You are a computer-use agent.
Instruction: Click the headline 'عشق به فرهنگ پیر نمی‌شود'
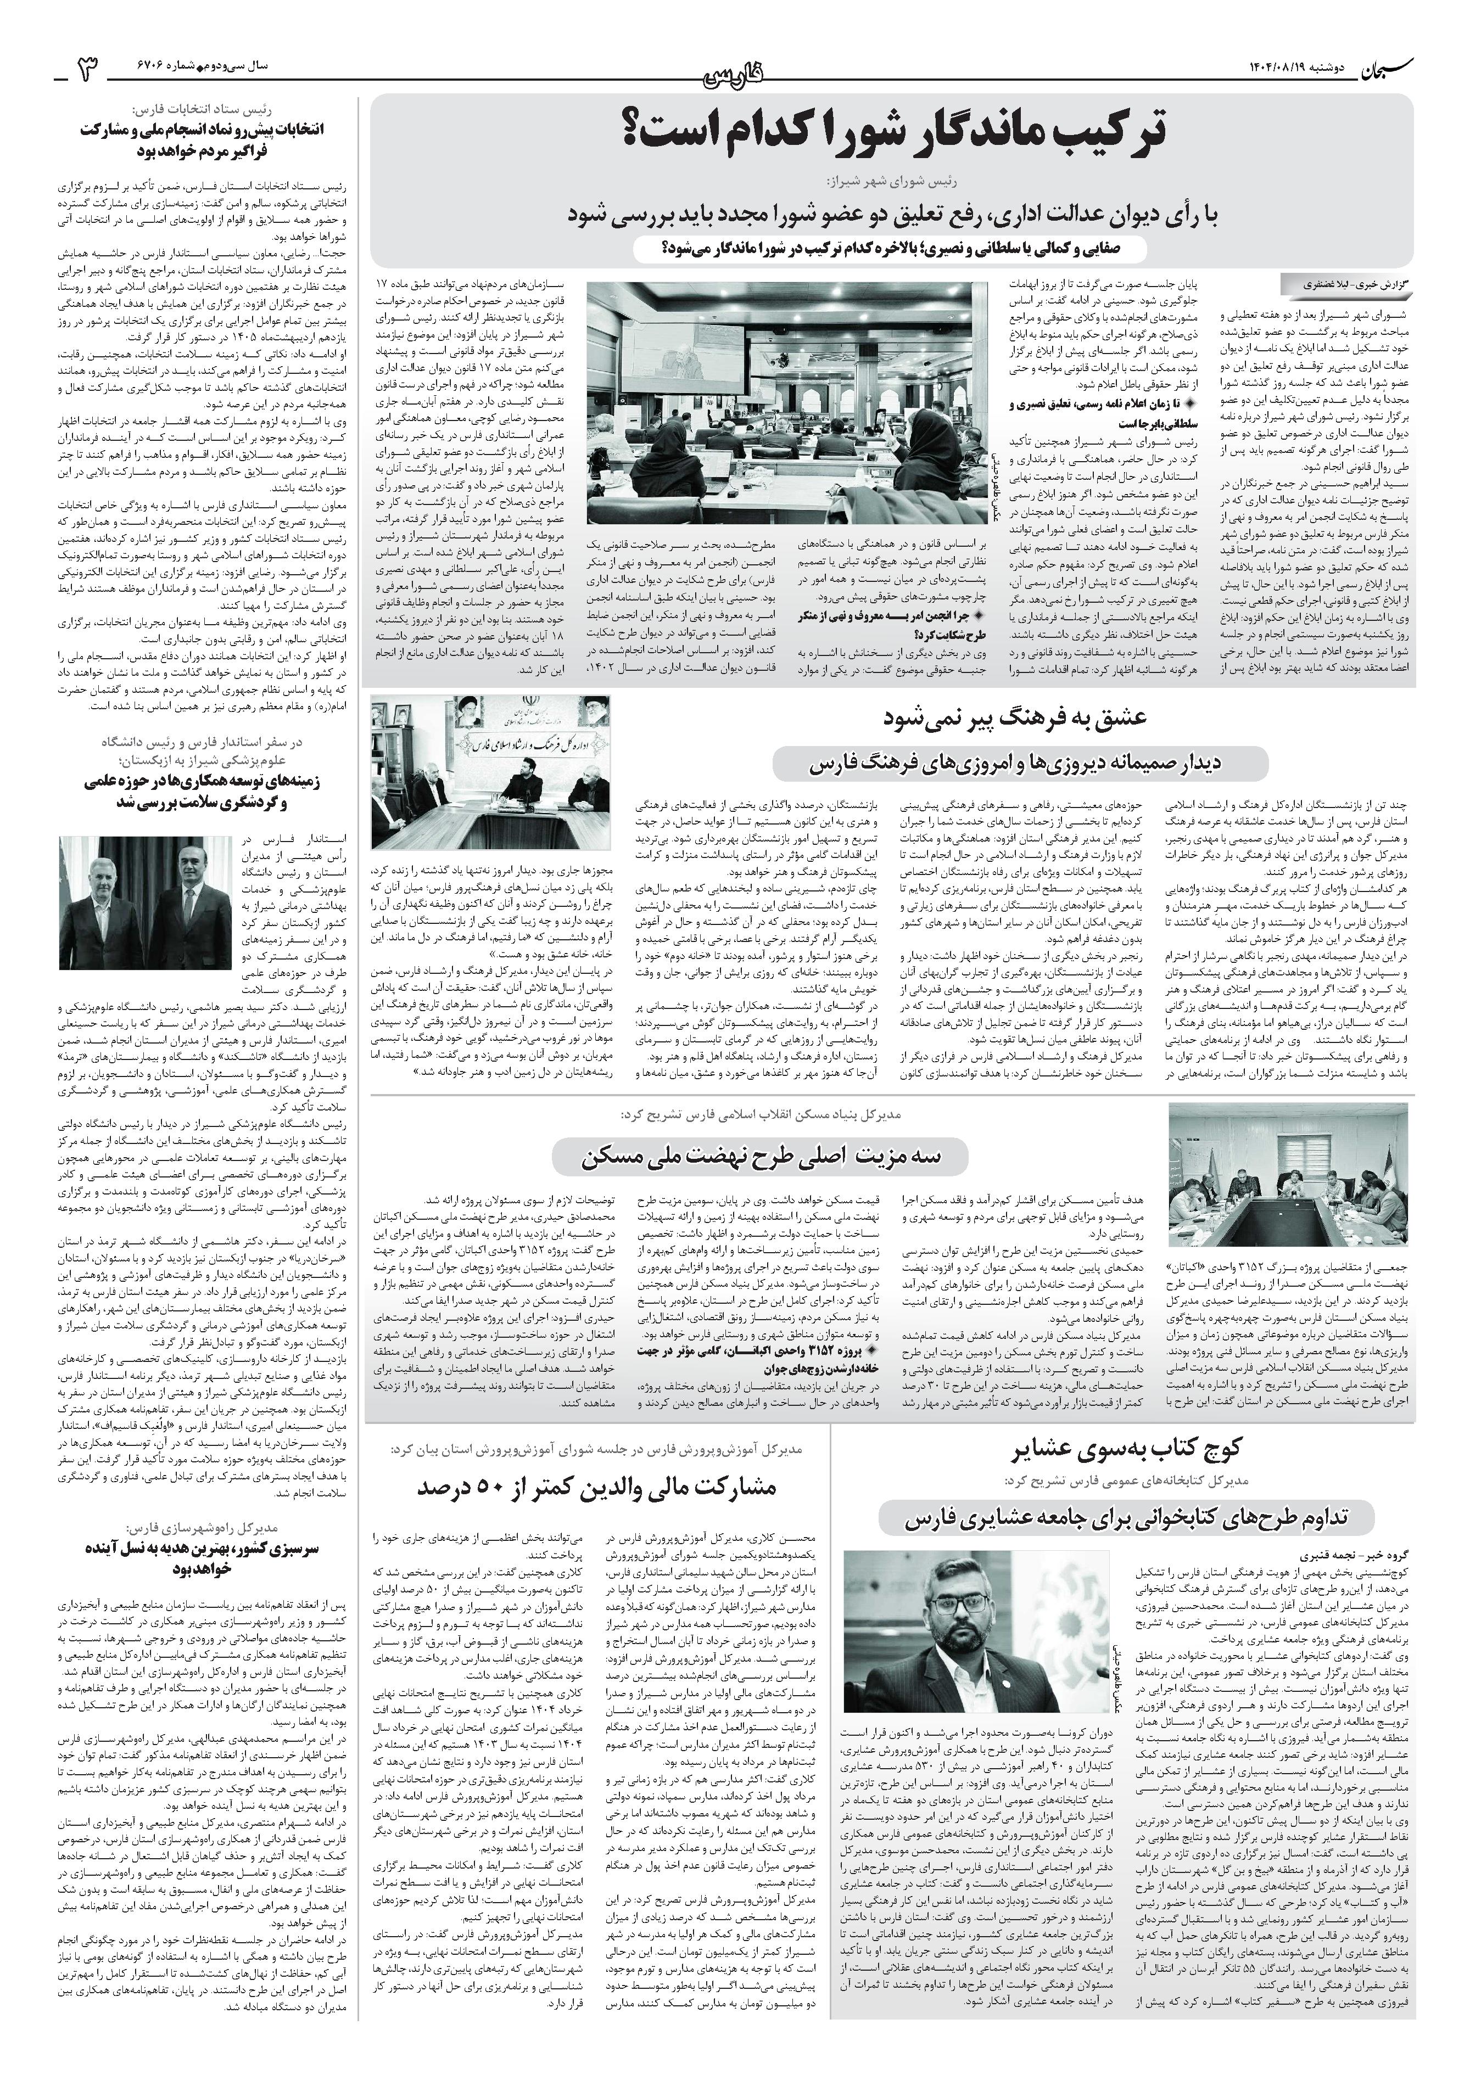point(1020,719)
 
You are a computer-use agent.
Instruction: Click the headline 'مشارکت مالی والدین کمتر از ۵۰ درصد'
point(597,1487)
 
